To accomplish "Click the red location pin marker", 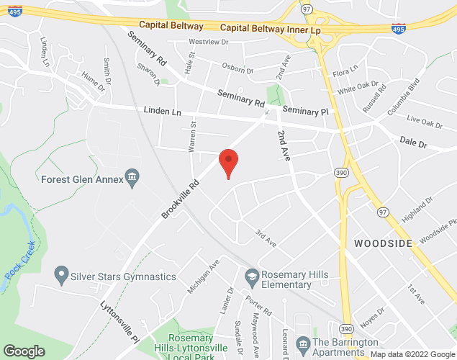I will coord(228,161).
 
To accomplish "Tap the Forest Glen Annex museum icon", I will coord(132,176).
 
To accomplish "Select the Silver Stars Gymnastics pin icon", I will coord(61,275).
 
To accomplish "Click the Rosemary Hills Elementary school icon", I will coord(252,275).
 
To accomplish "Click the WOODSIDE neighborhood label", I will coord(383,243).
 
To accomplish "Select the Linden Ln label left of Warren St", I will coord(162,112).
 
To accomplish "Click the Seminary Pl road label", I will coord(305,111).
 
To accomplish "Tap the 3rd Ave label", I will coord(266,238).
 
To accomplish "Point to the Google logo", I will coord(24,351).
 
